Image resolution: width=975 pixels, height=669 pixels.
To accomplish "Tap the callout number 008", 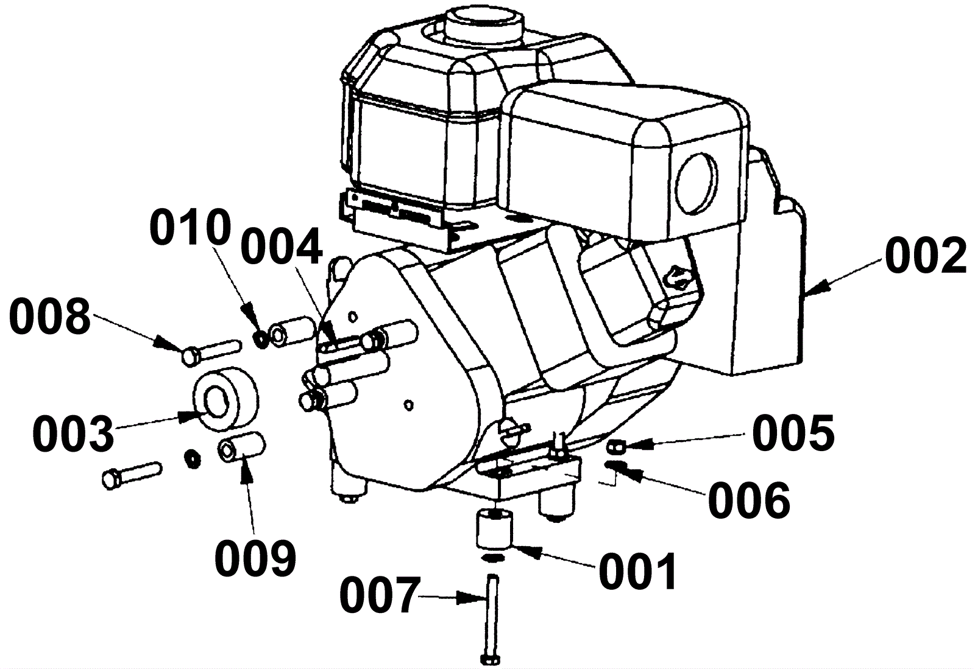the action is tap(50, 317).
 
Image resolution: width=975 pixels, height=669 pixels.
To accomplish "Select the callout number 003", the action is tap(73, 435).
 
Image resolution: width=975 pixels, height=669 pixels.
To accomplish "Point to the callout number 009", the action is tap(255, 559).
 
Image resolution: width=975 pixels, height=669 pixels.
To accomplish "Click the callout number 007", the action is tap(380, 597).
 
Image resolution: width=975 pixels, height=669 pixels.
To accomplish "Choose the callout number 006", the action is tap(749, 500).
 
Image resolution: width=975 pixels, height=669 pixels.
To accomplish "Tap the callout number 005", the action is tap(793, 433).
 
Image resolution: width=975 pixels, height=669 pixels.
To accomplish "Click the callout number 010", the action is tap(191, 228).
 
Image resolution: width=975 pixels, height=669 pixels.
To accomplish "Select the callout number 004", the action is tap(281, 247).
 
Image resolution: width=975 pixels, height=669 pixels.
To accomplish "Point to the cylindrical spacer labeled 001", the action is tap(494, 529).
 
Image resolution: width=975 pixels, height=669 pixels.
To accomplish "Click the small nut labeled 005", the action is tap(614, 447).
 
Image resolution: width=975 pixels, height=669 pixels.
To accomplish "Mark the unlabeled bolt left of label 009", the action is tap(132, 474).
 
